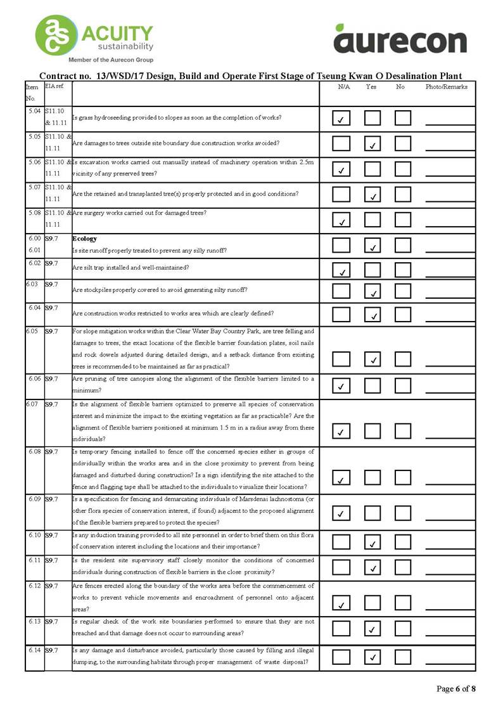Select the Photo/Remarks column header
(446, 87)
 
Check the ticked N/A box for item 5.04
(341, 118)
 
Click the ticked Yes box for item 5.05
(372, 144)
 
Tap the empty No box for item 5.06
(403, 169)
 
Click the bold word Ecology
(84, 239)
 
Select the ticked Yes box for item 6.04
(372, 314)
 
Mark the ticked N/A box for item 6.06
(341, 385)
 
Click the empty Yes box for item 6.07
(372, 431)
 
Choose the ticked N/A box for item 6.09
(341, 512)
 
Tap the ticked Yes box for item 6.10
(372, 542)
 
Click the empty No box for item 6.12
(403, 603)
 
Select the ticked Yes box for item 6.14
(372, 657)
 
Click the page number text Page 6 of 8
(456, 689)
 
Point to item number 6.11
(35, 560)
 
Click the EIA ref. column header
(54, 85)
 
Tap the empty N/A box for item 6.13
(341, 629)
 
